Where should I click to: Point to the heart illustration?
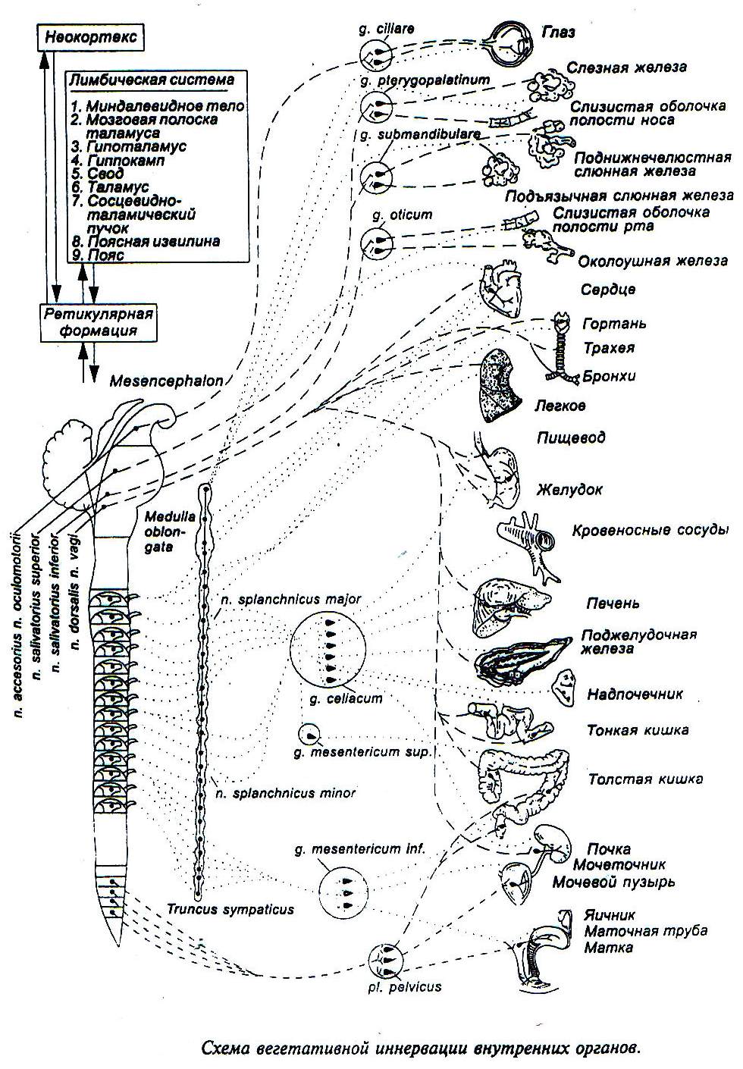coord(500,289)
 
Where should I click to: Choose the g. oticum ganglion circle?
coord(377,242)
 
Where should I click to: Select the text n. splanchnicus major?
coord(290,599)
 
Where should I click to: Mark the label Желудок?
coord(569,490)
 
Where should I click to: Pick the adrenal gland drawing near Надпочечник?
coord(564,686)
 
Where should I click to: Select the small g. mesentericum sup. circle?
coord(309,735)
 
